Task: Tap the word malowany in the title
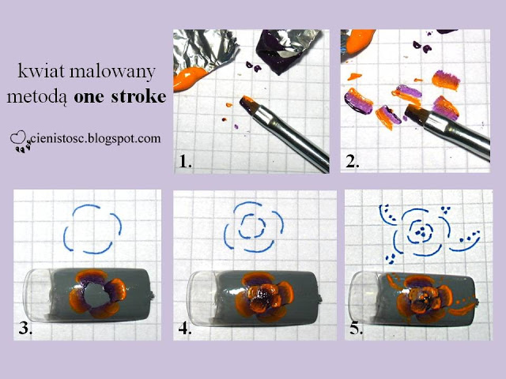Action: [112, 72]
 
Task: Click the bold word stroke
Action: [138, 96]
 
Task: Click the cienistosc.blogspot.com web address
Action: [96, 139]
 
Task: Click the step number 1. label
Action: [185, 161]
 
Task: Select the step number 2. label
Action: [353, 161]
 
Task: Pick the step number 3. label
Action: [25, 328]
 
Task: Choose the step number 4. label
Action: [185, 328]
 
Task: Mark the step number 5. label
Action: [357, 328]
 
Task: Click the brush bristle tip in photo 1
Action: [247, 101]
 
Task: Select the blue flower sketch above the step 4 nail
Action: [254, 227]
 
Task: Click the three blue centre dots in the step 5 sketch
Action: [420, 232]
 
